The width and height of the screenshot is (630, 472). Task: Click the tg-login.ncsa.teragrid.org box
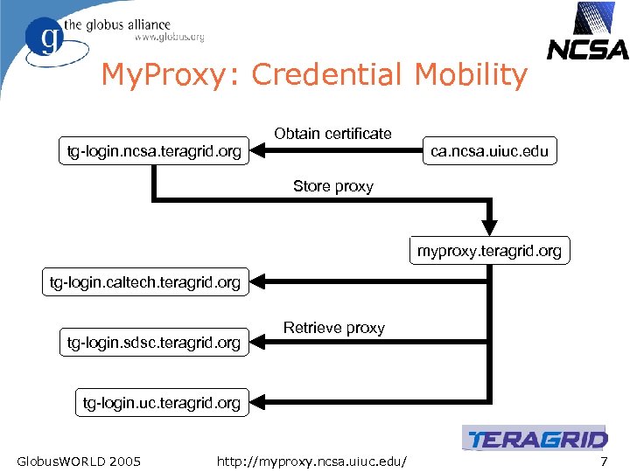154,152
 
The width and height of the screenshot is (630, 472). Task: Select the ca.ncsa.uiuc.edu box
489,151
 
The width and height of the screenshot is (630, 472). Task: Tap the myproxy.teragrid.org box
489,251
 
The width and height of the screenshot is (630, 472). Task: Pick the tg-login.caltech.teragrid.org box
145,282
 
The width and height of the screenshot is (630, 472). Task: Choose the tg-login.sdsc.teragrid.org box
154,343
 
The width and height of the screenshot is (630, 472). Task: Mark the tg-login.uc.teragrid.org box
162,403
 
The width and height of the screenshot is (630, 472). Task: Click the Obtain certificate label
332,134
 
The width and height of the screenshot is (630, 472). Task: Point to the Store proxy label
333,186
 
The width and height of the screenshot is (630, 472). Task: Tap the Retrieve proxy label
334,328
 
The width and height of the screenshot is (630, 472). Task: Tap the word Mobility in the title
471,75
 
